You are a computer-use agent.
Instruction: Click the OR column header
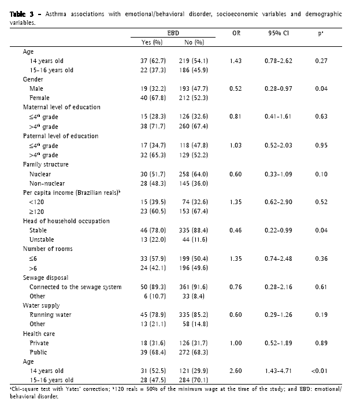click(x=236, y=34)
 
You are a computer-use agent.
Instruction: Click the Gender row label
click(x=32, y=79)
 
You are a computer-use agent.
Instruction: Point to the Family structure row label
click(x=46, y=164)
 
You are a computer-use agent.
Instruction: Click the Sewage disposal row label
click(x=46, y=278)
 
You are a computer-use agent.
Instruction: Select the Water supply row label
click(x=41, y=305)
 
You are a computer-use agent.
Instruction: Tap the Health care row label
click(x=39, y=334)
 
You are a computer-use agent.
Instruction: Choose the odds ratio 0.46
click(x=236, y=230)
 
